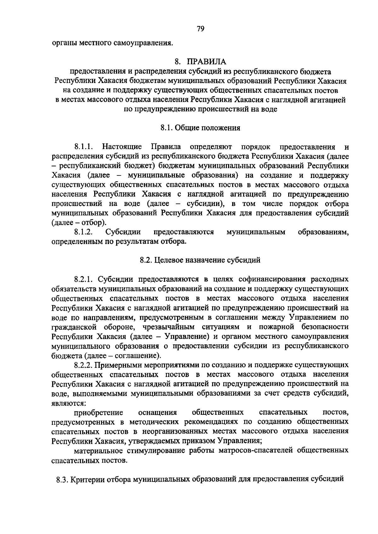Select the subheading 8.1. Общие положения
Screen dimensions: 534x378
[x=200, y=128]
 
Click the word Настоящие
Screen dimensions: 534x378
[x=122, y=147]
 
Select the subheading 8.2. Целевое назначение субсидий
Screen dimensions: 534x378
[x=200, y=260]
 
